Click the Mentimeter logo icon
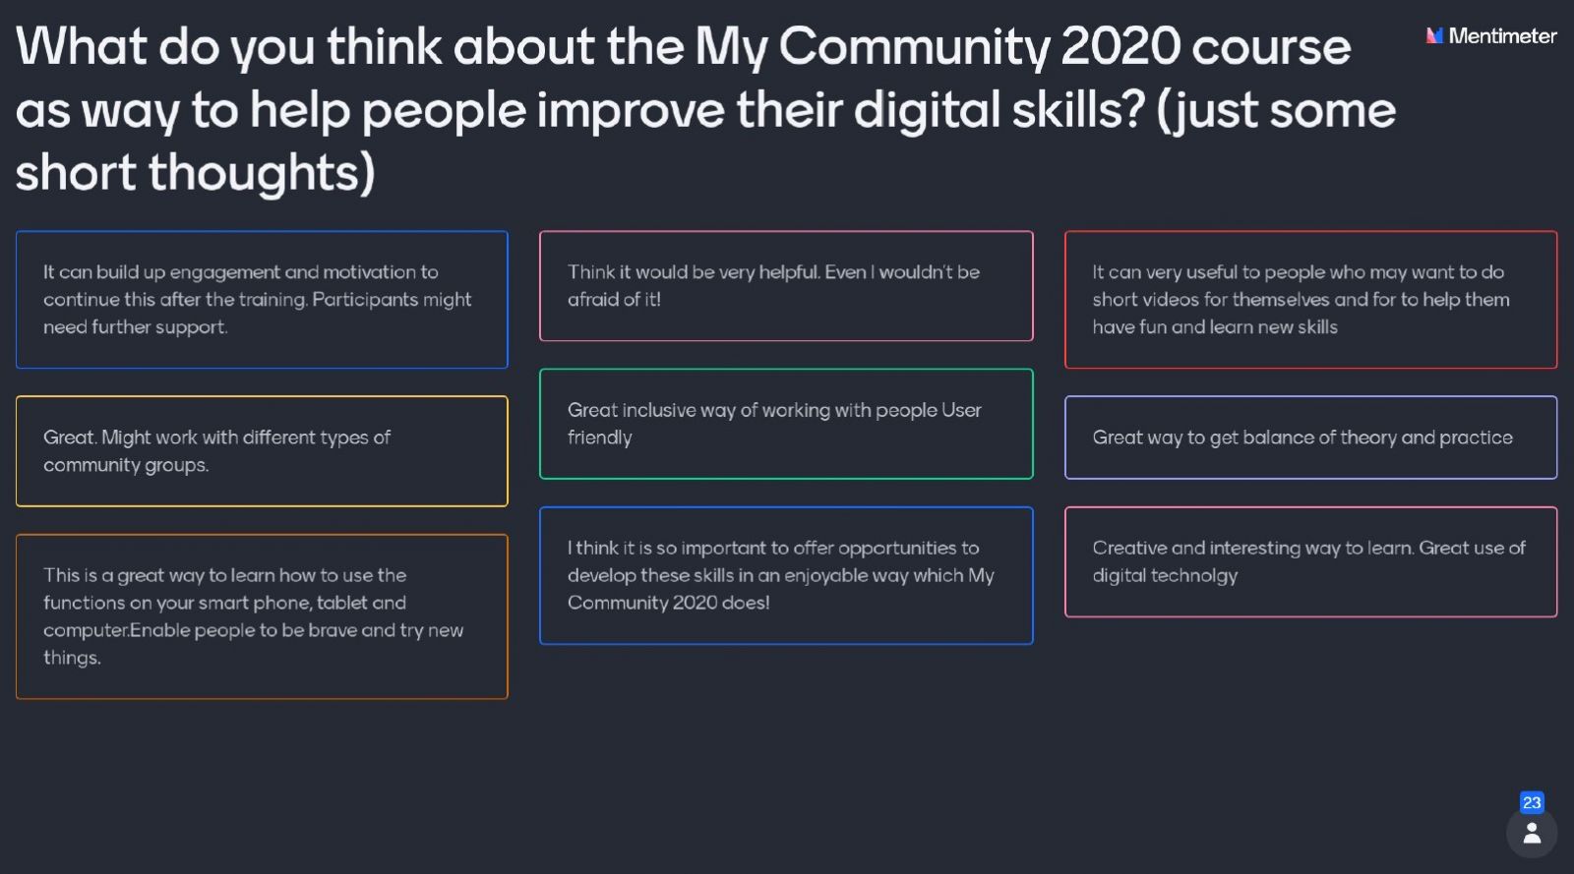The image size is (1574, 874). pos(1434,35)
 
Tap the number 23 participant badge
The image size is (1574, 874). pos(1532,802)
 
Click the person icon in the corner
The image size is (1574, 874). pos(1532,834)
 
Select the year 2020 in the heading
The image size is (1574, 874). pos(1120,46)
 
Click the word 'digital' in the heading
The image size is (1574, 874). pos(927,111)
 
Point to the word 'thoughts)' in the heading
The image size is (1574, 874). pos(262,173)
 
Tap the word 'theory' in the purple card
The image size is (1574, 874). pos(1367,438)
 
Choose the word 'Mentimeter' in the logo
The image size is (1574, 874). pos(1502,35)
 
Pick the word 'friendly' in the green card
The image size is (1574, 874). pos(599,438)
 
